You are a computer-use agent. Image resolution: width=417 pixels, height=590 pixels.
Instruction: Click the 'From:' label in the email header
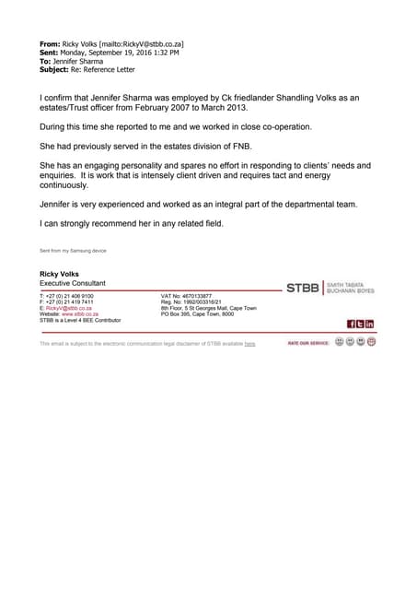pyautogui.click(x=50, y=43)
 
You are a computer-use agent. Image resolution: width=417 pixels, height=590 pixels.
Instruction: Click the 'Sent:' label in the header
pyautogui.click(x=49, y=53)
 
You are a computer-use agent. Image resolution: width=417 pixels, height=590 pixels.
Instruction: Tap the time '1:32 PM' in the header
pyautogui.click(x=164, y=53)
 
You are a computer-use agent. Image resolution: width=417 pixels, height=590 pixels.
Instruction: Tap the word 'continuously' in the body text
pyautogui.click(x=68, y=185)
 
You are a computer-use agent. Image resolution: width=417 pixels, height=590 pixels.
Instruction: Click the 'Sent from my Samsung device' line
pyautogui.click(x=73, y=251)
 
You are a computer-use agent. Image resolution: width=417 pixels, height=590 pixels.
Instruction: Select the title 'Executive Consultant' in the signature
pyautogui.click(x=72, y=283)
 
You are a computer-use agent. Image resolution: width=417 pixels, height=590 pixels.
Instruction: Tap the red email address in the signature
pyautogui.click(x=76, y=308)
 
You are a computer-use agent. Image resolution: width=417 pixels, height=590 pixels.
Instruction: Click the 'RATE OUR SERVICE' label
pyautogui.click(x=307, y=343)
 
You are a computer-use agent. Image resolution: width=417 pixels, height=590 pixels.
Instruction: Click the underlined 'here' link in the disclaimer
pyautogui.click(x=249, y=344)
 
